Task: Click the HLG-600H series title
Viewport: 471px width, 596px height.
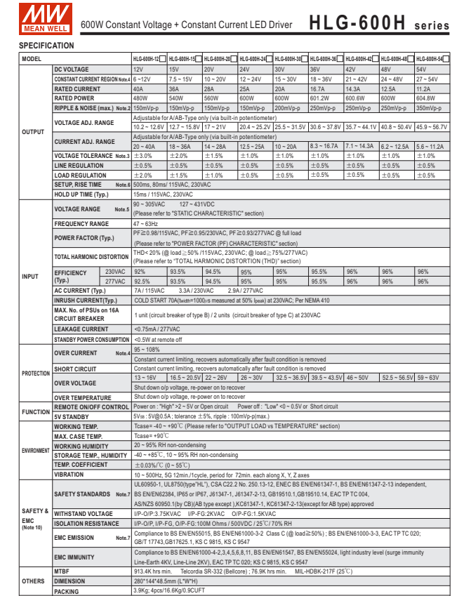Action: pyautogui.click(x=379, y=22)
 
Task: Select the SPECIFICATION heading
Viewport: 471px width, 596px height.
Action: pyautogui.click(x=46, y=46)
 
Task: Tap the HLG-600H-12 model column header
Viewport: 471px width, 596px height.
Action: pyautogui.click(x=147, y=59)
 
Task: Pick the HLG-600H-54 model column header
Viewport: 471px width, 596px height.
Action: pyautogui.click(x=430, y=59)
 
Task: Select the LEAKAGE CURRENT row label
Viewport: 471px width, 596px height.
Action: pyautogui.click(x=81, y=329)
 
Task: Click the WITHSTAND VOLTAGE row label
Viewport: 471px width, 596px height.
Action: pyautogui.click(x=84, y=513)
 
